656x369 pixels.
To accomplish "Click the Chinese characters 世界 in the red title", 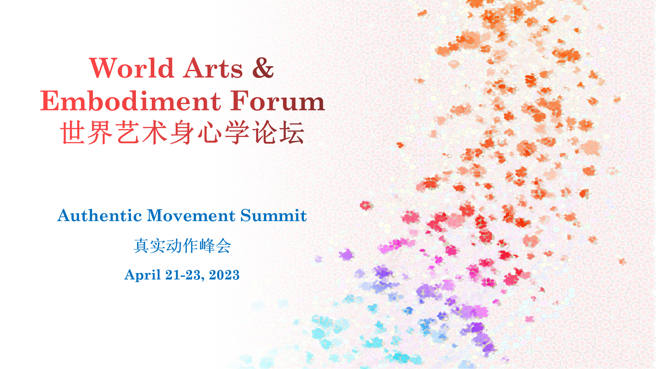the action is pos(87,132).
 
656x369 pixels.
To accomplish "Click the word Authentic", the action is pos(100,216).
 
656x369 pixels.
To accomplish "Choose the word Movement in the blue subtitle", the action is pos(191,216).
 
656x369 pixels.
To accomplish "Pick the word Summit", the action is pos(274,216).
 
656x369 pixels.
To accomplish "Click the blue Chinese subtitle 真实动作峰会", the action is pos(182,246).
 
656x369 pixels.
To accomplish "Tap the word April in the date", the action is pos(143,275).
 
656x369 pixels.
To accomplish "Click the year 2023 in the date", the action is pos(224,275).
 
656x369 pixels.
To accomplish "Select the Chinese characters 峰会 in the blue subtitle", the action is pos(215,246).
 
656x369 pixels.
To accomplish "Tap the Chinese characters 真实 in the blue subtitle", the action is pos(149,246).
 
